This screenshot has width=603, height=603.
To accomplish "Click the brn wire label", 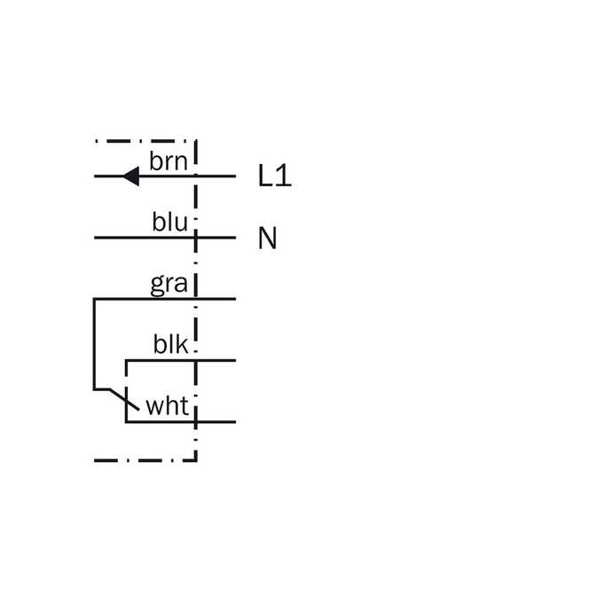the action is [168, 161].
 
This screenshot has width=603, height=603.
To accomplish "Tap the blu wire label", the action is [170, 222].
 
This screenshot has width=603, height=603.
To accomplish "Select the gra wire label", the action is [168, 285].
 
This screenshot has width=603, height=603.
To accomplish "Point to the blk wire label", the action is [171, 344].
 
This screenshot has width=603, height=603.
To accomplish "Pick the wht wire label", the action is [168, 406].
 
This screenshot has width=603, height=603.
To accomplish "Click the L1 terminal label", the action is [275, 176].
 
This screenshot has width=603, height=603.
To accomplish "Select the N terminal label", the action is [268, 238].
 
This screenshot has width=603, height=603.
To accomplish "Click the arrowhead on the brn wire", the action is [130, 176].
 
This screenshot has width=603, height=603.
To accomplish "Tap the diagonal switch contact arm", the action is [124, 400].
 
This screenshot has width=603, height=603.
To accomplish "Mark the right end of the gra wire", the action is [235, 299].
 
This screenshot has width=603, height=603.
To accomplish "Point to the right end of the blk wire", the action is [235, 360].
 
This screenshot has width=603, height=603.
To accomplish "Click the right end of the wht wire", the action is [235, 422].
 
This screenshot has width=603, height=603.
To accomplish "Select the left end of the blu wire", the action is [95, 238].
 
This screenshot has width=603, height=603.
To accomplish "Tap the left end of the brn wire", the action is [95, 176].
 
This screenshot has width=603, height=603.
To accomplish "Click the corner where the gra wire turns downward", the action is [94, 299].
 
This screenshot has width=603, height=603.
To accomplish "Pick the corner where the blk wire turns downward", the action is [126, 360].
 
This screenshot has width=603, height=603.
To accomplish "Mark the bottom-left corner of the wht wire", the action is [126, 422].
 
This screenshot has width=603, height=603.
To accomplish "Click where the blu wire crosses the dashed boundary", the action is [196, 238].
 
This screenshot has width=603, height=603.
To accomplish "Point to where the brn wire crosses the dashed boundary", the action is [196, 176].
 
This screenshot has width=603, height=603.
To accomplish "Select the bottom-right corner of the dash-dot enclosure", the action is [196, 460].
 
